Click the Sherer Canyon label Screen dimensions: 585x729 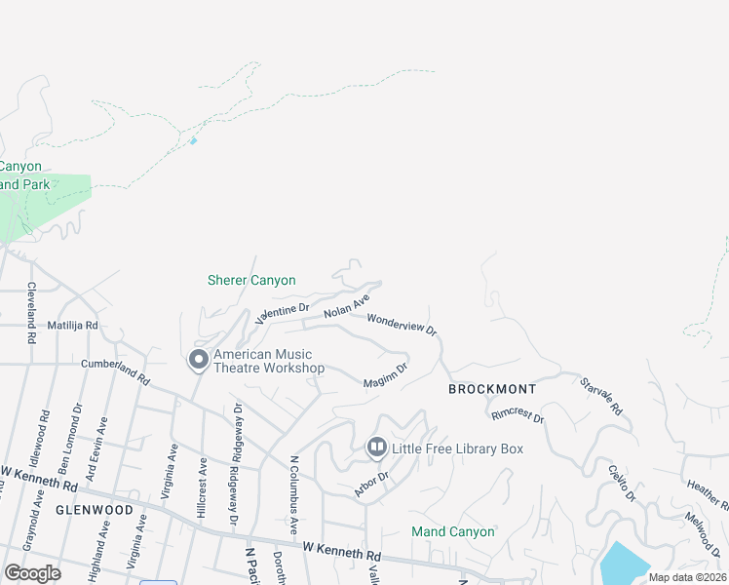tap(251, 280)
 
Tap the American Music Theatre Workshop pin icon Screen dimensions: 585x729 tap(199, 361)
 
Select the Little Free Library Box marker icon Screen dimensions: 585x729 tap(377, 448)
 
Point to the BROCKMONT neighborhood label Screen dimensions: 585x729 tap(492, 389)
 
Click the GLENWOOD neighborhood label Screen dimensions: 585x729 tap(94, 510)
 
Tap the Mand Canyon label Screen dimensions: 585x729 tap(452, 531)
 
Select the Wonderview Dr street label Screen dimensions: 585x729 tap(402, 323)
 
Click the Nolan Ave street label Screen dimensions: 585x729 tap(347, 303)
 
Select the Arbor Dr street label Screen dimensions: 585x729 tap(371, 484)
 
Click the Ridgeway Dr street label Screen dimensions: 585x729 tap(237, 429)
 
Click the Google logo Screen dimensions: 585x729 tap(33, 572)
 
